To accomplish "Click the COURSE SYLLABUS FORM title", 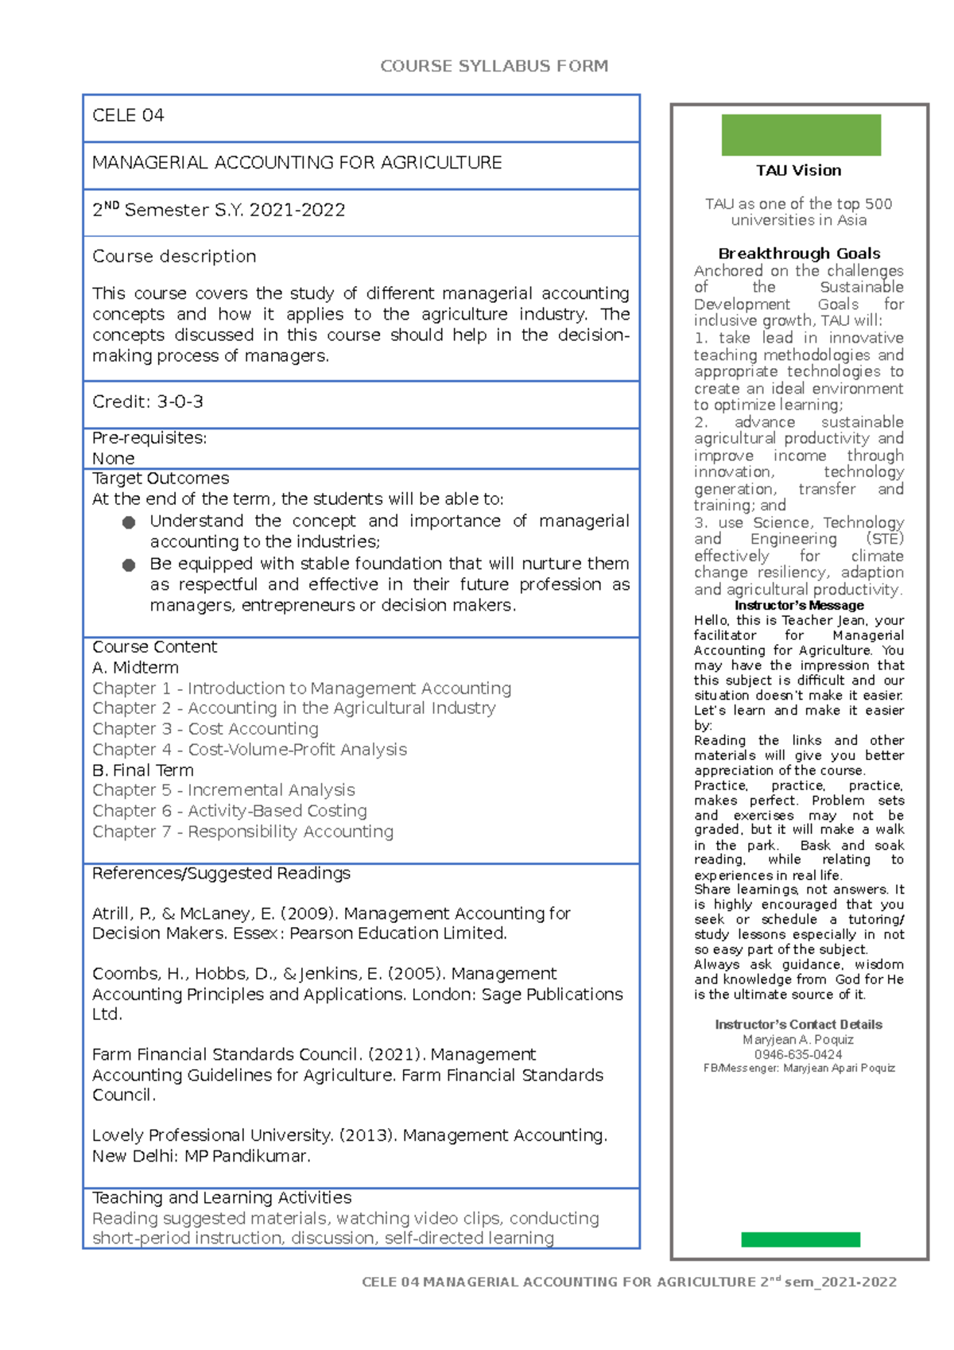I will pos(494,66).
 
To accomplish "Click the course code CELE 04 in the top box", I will pos(128,116).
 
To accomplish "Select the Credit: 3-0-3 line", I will pos(148,402).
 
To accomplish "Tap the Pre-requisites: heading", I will pos(149,438).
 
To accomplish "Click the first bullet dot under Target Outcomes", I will pos(129,522).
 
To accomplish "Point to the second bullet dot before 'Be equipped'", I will pos(129,565).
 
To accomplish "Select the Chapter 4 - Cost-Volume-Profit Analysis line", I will pos(250,750).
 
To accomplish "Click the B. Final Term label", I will pos(143,770).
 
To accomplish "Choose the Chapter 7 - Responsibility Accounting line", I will pos(242,832).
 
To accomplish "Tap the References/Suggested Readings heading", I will pos(221,873).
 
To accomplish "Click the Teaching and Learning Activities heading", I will pos(222,1197).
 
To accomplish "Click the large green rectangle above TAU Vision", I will pos(801,135).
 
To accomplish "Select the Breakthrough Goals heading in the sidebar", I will pos(799,254).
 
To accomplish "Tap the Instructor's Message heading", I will pos(799,605).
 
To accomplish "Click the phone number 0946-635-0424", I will pos(798,1054).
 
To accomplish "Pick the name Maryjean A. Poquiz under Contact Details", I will pos(798,1040).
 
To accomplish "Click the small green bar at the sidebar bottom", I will pos(800,1239).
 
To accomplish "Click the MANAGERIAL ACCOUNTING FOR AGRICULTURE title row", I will pos(297,163).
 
